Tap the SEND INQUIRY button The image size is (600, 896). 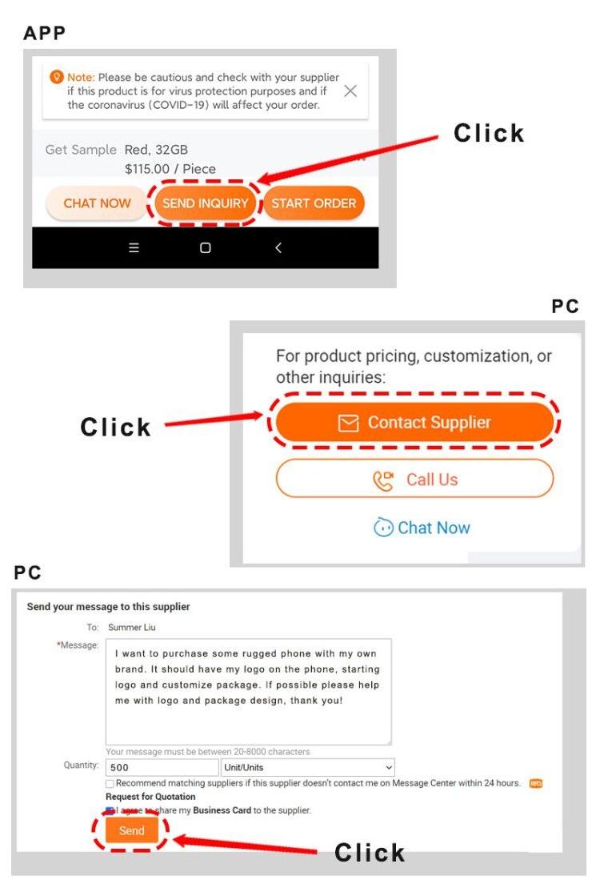(x=205, y=203)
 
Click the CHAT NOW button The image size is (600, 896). (x=97, y=203)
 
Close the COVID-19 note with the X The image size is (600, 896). (x=350, y=90)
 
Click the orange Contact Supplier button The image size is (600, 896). (x=414, y=422)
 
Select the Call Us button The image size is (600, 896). (x=414, y=479)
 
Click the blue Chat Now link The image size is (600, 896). (x=422, y=528)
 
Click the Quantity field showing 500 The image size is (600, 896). (x=162, y=767)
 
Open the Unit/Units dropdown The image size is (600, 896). (x=308, y=767)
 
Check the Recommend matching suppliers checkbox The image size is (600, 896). (x=110, y=783)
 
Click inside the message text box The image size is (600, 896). (x=248, y=692)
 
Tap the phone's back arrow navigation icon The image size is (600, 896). (x=278, y=247)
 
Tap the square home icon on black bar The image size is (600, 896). (x=206, y=247)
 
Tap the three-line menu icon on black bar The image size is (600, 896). (x=134, y=247)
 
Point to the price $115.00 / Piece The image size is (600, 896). (x=170, y=169)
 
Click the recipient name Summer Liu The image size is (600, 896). (x=132, y=627)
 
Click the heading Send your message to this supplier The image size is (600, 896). (x=109, y=607)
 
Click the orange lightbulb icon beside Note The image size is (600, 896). (x=57, y=77)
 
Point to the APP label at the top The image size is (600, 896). (x=45, y=33)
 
